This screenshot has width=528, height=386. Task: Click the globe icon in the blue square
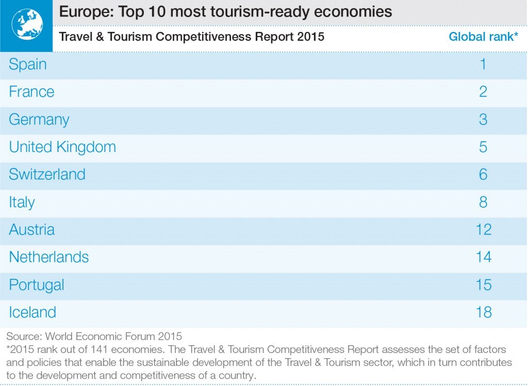[27, 24]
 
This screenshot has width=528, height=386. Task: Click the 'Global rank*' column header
[483, 37]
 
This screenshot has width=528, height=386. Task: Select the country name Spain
[28, 64]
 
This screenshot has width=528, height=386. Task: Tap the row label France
[31, 92]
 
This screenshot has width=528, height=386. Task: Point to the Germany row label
[39, 120]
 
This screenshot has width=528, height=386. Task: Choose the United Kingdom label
[62, 147]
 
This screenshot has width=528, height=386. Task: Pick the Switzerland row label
[47, 174]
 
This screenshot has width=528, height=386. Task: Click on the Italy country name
[22, 203]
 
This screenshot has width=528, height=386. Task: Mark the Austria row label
[31, 229]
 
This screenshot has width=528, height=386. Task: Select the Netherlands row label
[49, 257]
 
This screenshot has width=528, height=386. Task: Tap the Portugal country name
[37, 286]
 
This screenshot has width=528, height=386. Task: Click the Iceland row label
[32, 312]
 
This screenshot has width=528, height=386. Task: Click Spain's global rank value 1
[483, 64]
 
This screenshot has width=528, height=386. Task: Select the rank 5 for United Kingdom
[483, 147]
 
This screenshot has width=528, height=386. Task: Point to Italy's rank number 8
[483, 202]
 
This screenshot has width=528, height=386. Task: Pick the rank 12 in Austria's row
[484, 229]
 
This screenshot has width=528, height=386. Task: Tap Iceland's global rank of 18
[484, 312]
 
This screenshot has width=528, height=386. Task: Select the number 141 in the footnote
[98, 349]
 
